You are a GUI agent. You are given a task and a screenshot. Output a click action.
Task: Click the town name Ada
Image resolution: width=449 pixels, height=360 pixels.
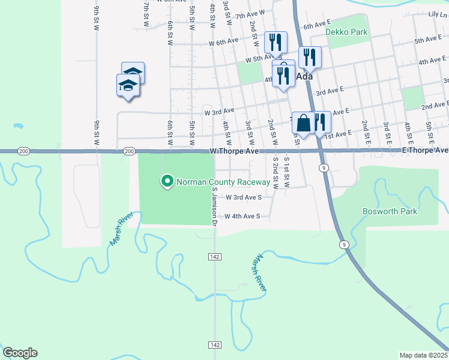click(x=304, y=77)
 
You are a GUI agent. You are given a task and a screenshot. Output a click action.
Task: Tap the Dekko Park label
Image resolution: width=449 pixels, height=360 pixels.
click(x=346, y=31)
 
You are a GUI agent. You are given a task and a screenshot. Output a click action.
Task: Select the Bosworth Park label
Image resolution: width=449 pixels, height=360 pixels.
click(x=390, y=211)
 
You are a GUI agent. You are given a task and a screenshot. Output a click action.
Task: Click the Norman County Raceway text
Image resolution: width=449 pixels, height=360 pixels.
click(x=223, y=181)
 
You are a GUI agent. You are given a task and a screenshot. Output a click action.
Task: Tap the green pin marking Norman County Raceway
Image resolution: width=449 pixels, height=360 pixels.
click(x=167, y=181)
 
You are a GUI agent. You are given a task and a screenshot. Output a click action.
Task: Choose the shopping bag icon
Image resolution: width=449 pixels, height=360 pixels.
click(x=304, y=123)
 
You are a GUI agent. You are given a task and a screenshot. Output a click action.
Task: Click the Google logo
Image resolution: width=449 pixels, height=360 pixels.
click(x=20, y=353)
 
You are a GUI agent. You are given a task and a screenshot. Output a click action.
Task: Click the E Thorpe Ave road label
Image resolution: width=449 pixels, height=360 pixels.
click(x=425, y=150)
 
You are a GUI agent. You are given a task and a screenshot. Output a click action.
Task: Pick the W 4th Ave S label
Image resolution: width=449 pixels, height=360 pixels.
click(x=243, y=217)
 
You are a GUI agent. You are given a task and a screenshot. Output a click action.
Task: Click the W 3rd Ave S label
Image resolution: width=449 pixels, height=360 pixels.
click(x=243, y=197)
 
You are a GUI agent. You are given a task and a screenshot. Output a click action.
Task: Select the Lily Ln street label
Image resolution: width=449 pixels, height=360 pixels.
click(x=438, y=14)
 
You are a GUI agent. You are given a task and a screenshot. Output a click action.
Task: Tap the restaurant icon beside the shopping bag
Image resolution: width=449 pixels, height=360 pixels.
click(x=322, y=123)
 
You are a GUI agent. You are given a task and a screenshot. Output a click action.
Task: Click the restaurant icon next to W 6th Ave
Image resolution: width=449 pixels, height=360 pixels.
click(x=276, y=42)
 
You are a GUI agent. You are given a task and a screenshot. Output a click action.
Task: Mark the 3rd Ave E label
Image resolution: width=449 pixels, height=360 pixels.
click(x=330, y=92)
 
